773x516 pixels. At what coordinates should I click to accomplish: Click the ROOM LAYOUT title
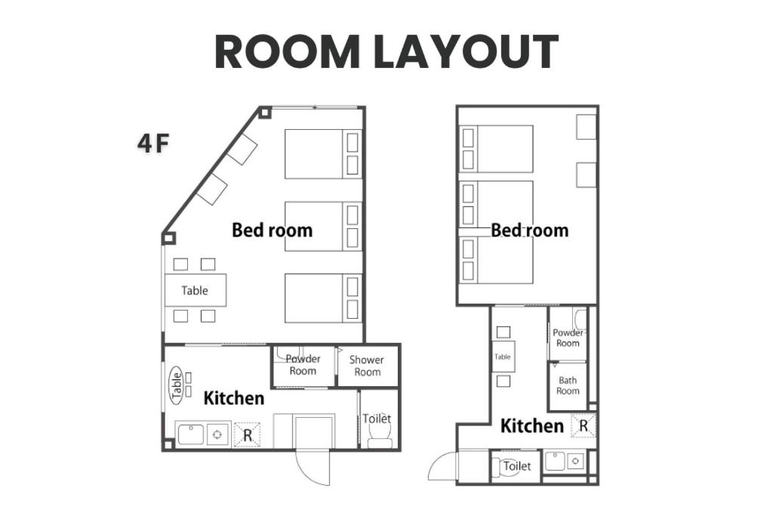[x=386, y=52]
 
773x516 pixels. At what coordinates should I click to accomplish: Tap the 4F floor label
[x=153, y=144]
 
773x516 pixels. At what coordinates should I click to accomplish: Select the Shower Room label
[x=367, y=366]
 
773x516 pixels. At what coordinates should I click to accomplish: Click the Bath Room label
[x=568, y=385]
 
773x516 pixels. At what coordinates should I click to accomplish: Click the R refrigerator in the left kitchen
[x=247, y=434]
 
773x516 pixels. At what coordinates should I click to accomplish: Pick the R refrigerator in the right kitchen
[x=584, y=426]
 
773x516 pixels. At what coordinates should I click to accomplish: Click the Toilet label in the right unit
[x=517, y=465]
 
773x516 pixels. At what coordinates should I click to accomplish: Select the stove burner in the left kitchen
[x=217, y=434]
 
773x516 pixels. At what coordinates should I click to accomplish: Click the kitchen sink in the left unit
[x=191, y=434]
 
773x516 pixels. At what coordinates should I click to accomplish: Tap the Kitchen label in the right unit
[x=532, y=426]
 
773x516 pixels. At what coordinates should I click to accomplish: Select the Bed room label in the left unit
[x=272, y=230]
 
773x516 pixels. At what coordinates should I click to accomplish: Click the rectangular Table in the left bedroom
[x=196, y=290]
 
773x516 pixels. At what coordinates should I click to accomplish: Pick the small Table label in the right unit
[x=502, y=357]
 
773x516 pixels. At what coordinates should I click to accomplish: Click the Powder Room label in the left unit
[x=303, y=365]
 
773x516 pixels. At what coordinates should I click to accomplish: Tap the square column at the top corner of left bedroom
[x=265, y=113]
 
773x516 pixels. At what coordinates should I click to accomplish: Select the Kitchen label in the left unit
[x=234, y=398]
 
